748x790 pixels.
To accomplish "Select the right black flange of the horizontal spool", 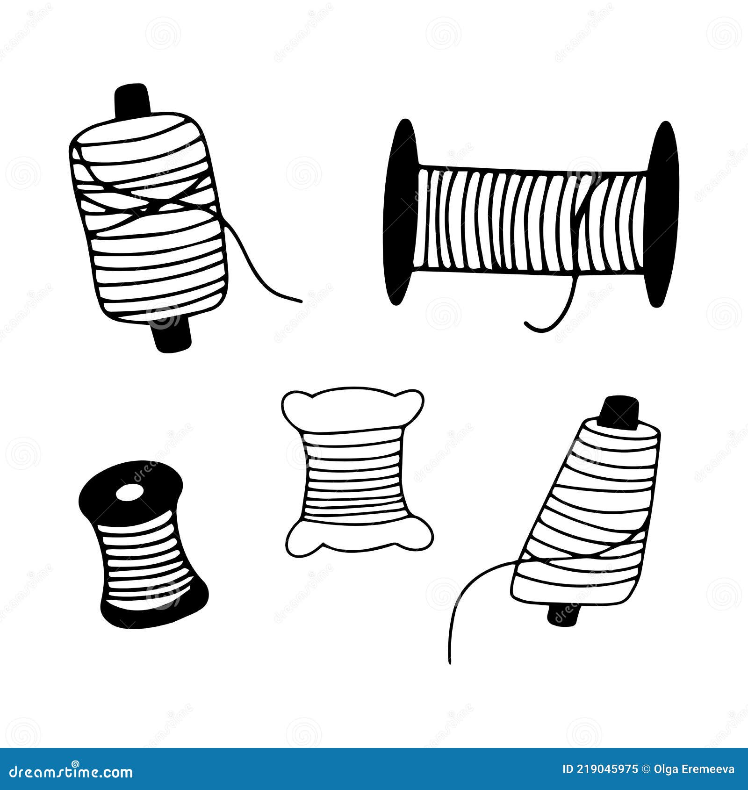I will tap(663, 215).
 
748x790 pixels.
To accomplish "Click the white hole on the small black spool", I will tap(129, 493).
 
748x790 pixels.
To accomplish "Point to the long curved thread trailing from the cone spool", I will tap(463, 603).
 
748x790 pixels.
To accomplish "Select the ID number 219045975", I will tap(606, 769).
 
